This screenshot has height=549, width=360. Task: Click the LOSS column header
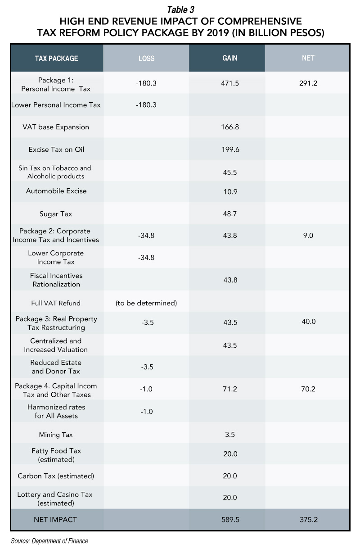[146, 59]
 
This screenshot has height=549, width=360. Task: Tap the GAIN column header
[229, 58]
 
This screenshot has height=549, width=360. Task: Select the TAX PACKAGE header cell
[57, 59]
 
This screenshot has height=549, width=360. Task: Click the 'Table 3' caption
[180, 10]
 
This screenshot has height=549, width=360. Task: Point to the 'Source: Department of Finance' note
[49, 540]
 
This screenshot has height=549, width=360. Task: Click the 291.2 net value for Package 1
[308, 83]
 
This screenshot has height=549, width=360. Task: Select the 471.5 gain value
[229, 83]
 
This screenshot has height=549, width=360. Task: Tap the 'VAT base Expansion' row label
[56, 127]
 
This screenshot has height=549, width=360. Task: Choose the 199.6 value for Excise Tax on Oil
[230, 150]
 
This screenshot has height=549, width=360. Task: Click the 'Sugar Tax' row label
[56, 214]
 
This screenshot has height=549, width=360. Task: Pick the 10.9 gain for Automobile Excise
[230, 192]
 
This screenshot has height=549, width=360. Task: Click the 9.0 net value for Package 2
[308, 236]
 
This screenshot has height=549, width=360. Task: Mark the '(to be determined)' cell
[146, 303]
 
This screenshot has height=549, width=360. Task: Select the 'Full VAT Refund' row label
[56, 303]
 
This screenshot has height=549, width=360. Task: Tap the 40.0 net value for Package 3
[309, 321]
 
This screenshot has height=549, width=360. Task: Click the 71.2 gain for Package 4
[229, 389]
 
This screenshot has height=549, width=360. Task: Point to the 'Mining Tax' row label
[56, 435]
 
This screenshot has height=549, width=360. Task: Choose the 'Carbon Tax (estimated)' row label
[56, 476]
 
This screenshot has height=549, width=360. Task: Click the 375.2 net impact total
[309, 520]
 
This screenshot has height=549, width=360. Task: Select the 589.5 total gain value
[230, 520]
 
